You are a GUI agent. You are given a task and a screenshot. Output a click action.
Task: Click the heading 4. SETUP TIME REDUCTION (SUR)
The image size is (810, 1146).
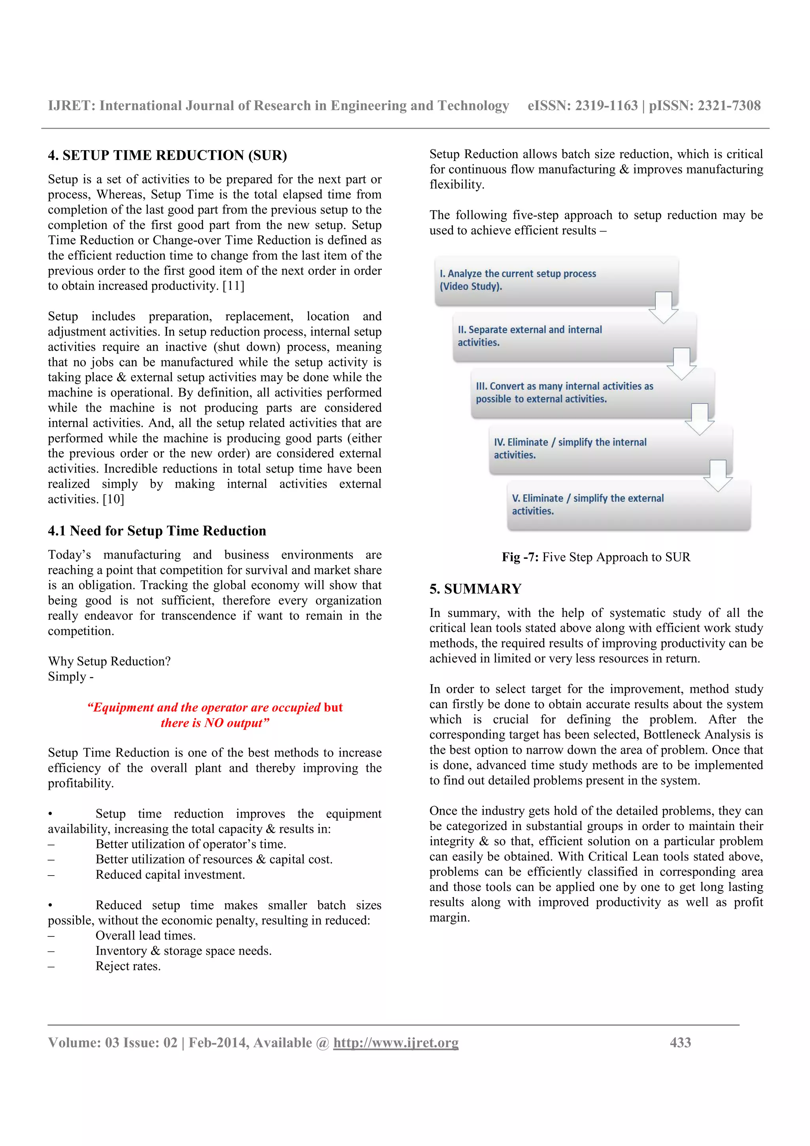pos(167,155)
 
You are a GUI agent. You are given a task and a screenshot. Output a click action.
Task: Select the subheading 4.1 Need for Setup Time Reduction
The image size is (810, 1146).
pos(157,531)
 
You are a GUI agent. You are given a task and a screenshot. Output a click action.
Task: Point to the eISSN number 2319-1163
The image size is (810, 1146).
pos(606,106)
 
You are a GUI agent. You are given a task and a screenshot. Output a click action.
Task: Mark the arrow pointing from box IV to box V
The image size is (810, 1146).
pos(718,476)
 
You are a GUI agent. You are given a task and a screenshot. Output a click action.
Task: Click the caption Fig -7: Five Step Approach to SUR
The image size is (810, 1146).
pos(596,557)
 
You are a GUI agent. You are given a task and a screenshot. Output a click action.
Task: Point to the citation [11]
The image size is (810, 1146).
pos(233,286)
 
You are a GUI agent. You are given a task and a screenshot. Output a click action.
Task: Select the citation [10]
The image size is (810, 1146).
pos(113,499)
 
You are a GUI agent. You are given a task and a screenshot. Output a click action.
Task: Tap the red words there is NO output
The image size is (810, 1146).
pos(215,723)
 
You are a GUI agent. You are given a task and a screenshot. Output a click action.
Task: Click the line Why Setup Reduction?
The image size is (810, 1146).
pos(109,661)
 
